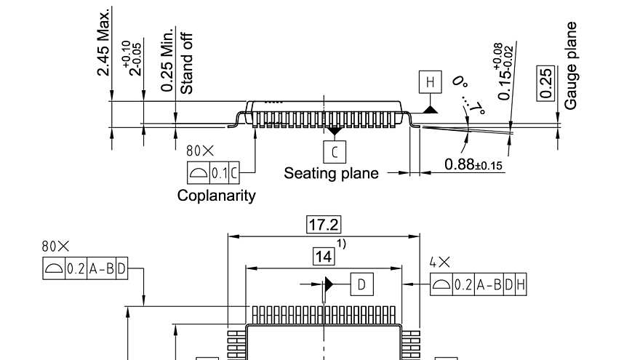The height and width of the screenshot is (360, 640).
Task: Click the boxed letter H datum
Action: click(x=429, y=82)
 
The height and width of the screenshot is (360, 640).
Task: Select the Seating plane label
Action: click(x=331, y=173)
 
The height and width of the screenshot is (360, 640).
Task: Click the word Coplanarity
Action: click(x=216, y=195)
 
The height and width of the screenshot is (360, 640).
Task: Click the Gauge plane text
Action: click(x=571, y=65)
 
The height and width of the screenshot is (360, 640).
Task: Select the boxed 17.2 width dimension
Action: click(x=324, y=225)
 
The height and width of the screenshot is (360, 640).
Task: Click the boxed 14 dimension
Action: click(x=324, y=257)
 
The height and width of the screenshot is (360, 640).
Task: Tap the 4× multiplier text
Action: click(x=439, y=261)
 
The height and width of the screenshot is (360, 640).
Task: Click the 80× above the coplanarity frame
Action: click(x=200, y=151)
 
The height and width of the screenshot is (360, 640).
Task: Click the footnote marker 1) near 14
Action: click(x=340, y=244)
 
